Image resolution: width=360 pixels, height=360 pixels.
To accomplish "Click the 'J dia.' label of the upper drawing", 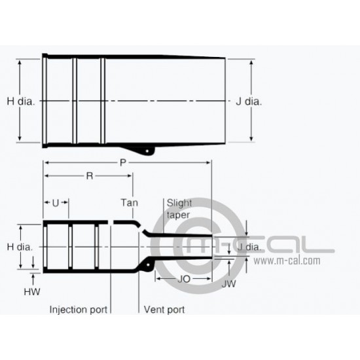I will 249,101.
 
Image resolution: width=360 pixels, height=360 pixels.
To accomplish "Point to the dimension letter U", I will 56,203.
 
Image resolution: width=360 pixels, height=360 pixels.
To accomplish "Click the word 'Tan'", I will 130,204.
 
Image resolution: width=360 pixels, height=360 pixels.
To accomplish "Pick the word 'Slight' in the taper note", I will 178,203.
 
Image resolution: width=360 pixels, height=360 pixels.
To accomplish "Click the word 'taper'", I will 178,214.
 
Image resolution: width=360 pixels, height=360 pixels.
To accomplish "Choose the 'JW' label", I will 228,284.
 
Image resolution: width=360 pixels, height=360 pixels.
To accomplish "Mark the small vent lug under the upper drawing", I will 150,152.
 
